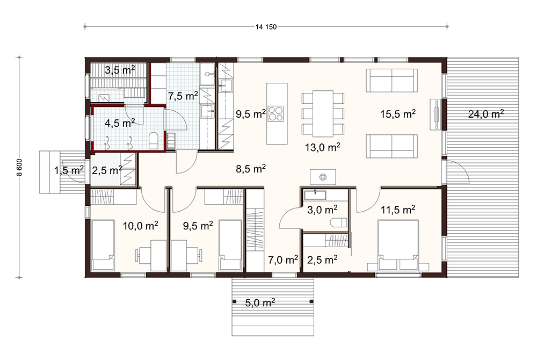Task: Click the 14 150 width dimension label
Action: click(266, 27)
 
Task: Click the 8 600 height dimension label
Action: click(19, 167)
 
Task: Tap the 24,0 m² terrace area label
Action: click(485, 113)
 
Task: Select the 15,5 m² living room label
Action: click(398, 113)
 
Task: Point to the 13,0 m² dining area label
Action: click(322, 147)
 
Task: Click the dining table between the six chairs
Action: click(323, 113)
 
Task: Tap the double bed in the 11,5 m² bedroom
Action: click(398, 245)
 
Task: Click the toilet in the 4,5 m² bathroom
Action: click(154, 141)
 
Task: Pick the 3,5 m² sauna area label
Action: click(120, 70)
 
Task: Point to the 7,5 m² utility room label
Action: click(183, 96)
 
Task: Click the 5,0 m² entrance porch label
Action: click(260, 303)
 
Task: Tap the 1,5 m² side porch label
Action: click(69, 170)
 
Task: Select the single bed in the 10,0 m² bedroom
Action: click(103, 245)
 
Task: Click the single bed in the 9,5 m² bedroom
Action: click(231, 245)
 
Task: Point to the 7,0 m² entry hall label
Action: click(283, 260)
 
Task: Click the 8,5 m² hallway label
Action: click(251, 169)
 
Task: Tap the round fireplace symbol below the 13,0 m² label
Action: click(323, 177)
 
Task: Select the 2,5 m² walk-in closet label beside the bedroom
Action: click(322, 260)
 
